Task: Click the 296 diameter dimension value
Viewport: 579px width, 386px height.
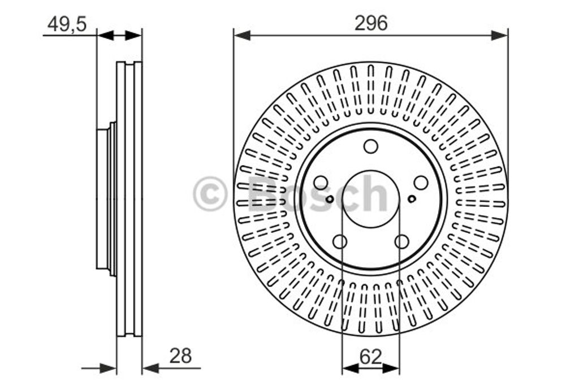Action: point(371,23)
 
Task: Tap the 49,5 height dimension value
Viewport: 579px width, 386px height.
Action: point(67,24)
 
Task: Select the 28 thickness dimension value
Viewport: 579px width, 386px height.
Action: point(180,355)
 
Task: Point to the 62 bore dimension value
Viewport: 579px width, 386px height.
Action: point(370,357)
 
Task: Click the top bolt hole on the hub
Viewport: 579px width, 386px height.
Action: point(371,146)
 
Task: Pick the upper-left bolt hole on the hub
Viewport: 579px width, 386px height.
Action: point(321,183)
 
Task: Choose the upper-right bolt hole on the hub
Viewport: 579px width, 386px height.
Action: point(421,183)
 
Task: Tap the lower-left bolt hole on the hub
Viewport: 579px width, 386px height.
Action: point(340,242)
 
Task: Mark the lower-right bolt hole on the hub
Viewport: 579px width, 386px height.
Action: point(402,242)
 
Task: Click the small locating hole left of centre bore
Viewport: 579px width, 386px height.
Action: point(330,199)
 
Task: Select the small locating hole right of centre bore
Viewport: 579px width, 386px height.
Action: point(412,199)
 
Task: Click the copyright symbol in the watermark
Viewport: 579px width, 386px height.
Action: point(210,193)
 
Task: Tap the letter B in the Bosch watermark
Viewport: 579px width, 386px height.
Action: point(262,193)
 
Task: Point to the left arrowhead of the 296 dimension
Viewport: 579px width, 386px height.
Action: point(242,36)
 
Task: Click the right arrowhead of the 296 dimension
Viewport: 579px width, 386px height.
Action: point(500,36)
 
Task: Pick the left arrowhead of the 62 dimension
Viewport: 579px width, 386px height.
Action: point(351,368)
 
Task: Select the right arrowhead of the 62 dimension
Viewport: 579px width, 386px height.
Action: point(391,368)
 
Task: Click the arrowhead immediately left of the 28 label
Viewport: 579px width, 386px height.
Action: point(150,368)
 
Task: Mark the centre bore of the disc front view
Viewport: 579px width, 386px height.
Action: point(371,199)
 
